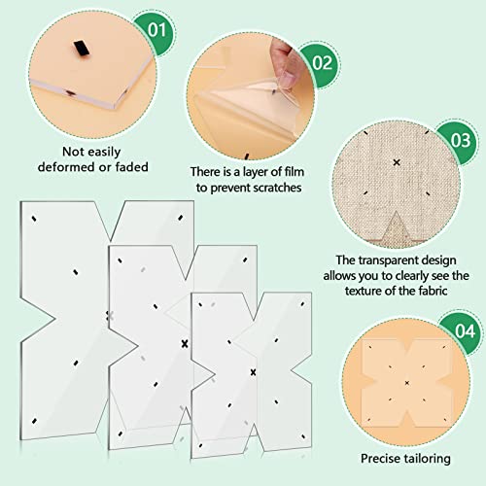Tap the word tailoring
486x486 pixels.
[433, 458]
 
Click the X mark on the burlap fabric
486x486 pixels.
[397, 161]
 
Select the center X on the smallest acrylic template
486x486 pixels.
[253, 372]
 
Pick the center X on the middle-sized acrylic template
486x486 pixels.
[183, 343]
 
